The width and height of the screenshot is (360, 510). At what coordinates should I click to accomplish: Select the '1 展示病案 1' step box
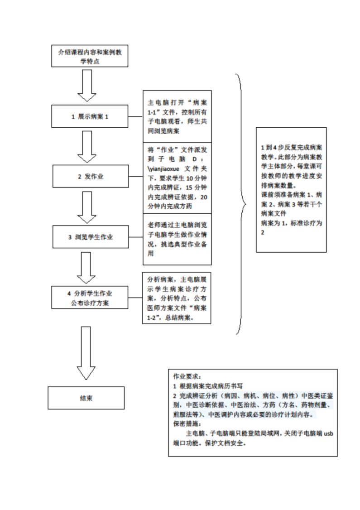[x=90, y=117]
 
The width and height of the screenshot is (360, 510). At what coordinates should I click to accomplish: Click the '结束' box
[x=86, y=398]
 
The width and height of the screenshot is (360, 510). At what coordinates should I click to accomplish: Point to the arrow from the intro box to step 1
[x=87, y=85]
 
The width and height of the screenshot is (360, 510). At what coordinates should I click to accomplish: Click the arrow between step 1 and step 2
[x=87, y=146]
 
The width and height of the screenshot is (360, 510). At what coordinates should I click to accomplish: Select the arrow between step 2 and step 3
[x=87, y=206]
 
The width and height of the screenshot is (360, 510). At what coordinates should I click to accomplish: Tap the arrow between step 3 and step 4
[x=87, y=267]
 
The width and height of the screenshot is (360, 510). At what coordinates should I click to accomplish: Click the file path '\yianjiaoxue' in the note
[x=162, y=168]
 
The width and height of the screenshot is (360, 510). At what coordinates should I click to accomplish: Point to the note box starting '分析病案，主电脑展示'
[x=177, y=297]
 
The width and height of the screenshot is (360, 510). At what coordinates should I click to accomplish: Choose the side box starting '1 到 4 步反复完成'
[x=291, y=189]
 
